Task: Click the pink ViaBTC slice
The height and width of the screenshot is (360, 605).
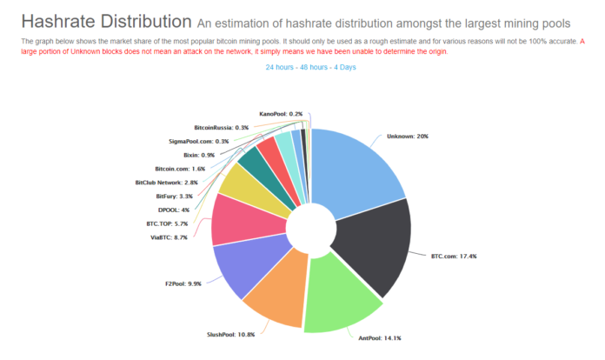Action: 235,221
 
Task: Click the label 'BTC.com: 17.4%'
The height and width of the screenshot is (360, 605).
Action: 453,256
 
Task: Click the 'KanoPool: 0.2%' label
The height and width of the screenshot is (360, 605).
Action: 281,114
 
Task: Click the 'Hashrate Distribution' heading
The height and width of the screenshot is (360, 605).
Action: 106,20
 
